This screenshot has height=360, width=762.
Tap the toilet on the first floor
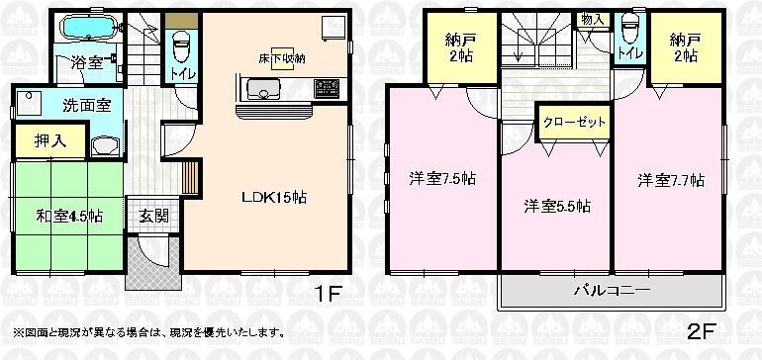pyautogui.click(x=181, y=44)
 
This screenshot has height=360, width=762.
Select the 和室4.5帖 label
pyautogui.click(x=69, y=215)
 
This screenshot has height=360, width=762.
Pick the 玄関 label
pyautogui.click(x=152, y=215)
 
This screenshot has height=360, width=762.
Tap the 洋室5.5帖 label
pyautogui.click(x=557, y=207)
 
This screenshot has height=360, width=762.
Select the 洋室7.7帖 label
pyautogui.click(x=670, y=180)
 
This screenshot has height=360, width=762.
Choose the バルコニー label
pyautogui.click(x=612, y=291)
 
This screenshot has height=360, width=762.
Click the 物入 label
pyautogui.click(x=593, y=19)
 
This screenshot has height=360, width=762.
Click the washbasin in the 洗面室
pyautogui.click(x=102, y=147)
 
